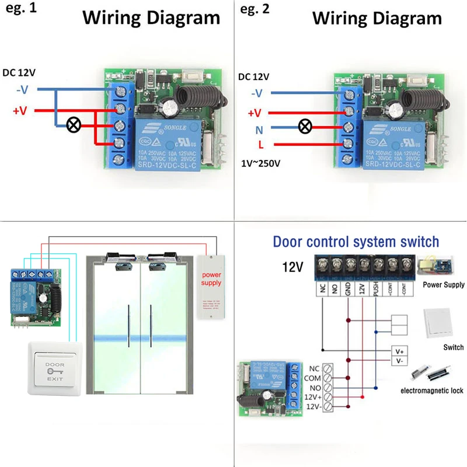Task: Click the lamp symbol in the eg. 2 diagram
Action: coord(304,126)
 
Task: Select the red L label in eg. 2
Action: coord(259,145)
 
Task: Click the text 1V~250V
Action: coord(261,163)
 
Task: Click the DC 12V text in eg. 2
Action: coord(254,76)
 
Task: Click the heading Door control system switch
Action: coord(356,241)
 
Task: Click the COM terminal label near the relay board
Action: coord(313,378)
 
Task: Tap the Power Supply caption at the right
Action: coord(443,285)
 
